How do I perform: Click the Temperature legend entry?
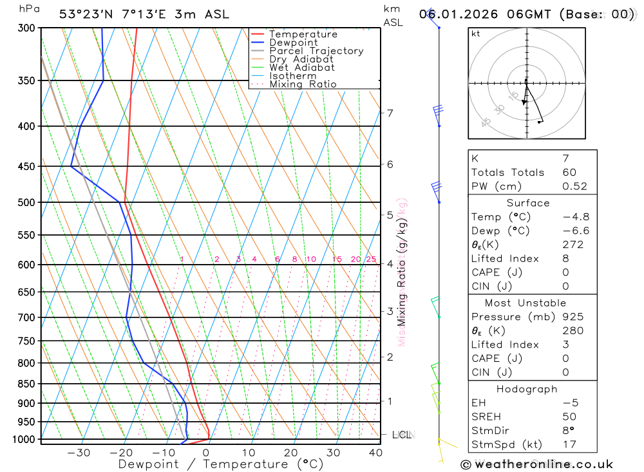[303, 34]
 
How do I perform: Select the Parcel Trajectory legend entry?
[316, 51]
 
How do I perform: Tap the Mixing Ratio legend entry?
[303, 84]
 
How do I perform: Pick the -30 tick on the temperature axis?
[79, 453]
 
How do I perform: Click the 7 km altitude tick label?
[390, 113]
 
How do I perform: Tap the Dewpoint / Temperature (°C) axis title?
[221, 464]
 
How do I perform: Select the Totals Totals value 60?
[569, 173]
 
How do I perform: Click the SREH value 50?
[569, 417]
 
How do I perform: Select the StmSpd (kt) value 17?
[569, 444]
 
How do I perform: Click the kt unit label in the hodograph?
[476, 33]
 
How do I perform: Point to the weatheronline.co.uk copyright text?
[536, 464]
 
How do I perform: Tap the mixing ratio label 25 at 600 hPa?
[371, 260]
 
